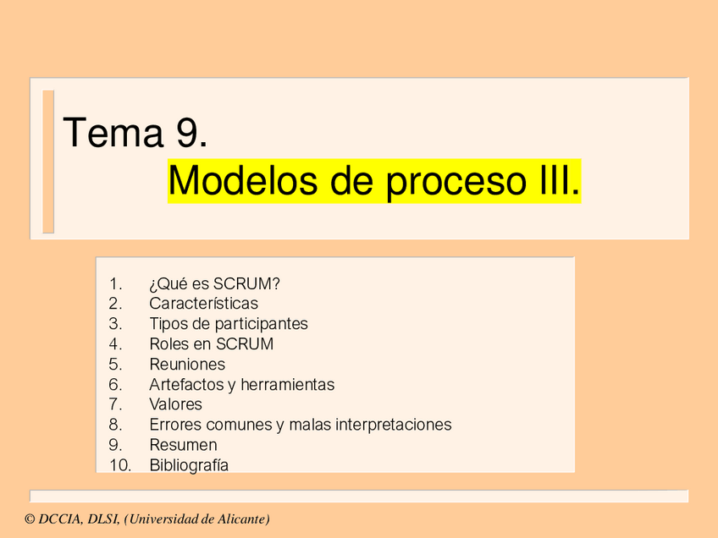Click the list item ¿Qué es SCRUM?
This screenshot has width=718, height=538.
tap(214, 283)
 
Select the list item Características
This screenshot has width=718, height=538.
tap(203, 304)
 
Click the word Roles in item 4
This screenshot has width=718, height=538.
tap(168, 344)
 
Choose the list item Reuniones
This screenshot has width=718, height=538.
tap(187, 365)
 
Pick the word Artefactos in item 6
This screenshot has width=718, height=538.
tap(185, 385)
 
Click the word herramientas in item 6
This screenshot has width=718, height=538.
tap(287, 385)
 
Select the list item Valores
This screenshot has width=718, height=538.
tap(175, 404)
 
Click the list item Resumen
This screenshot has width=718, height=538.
tap(183, 445)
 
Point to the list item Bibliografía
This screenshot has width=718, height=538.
tap(189, 465)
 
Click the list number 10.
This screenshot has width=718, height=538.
tap(119, 465)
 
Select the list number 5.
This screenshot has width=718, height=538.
tap(116, 365)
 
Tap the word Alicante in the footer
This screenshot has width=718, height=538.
tap(240, 519)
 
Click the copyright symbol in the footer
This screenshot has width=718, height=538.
tap(30, 519)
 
